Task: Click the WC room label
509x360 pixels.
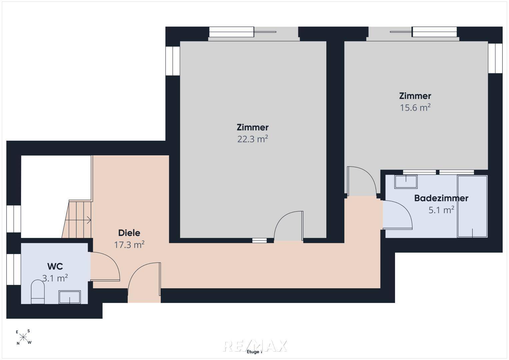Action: click(55, 266)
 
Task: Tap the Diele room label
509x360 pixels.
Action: click(129, 233)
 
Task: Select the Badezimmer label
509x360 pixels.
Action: click(441, 198)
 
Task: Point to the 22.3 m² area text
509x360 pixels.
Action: click(252, 139)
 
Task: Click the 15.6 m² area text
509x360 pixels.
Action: click(415, 107)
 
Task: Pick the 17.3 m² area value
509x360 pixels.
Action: click(129, 245)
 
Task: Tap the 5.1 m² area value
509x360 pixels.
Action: click(441, 210)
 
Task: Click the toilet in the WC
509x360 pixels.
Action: click(38, 292)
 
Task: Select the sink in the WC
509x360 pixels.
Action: click(70, 297)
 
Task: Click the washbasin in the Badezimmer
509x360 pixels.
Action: click(406, 182)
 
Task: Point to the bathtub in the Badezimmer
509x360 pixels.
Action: click(472, 206)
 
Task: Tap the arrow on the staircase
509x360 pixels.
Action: click(78, 220)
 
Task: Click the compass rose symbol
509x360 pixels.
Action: click(23, 337)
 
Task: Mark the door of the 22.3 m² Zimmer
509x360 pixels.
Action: click(289, 226)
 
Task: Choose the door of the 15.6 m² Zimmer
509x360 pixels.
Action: click(362, 181)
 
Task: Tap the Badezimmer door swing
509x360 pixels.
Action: click(397, 215)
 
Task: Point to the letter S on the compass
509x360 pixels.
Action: click(29, 331)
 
